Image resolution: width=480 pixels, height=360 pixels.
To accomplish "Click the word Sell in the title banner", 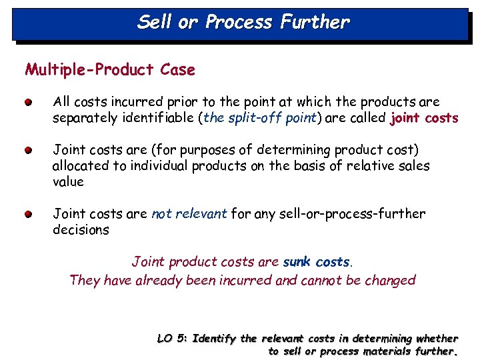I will click(155, 22).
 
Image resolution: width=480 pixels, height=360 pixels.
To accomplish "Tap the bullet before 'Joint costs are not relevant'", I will click(26, 215).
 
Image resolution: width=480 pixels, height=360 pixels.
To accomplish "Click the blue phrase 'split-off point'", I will click(261, 118).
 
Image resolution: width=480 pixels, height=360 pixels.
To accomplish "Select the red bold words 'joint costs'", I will click(425, 118).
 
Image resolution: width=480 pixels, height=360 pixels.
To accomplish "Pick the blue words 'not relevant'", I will click(190, 213).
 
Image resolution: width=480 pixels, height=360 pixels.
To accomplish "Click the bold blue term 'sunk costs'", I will click(316, 261).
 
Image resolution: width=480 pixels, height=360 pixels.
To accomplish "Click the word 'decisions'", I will click(81, 229).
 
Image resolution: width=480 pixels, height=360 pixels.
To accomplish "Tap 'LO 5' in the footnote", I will click(171, 339).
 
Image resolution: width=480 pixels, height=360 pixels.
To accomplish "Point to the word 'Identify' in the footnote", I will click(214, 339).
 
